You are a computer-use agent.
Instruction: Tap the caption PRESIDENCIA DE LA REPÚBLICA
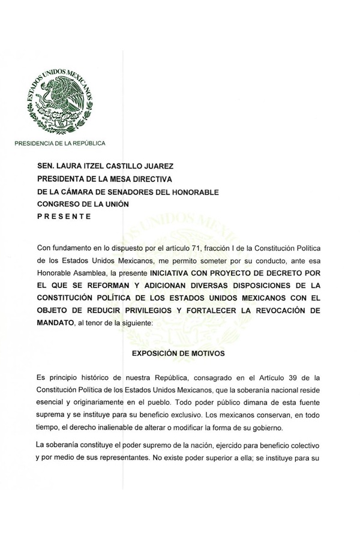tap(60, 143)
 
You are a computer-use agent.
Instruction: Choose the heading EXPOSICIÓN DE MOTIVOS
tap(178, 353)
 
